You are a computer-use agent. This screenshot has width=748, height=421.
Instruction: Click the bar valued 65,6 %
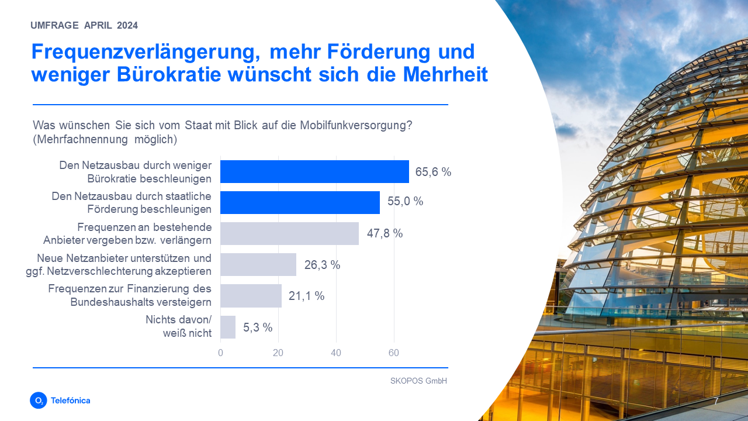point(314,172)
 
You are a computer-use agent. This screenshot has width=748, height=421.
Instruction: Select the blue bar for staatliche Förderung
point(300,202)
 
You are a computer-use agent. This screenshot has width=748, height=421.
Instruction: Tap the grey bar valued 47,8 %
point(289,233)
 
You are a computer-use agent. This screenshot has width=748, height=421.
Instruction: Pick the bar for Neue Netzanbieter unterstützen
point(258,264)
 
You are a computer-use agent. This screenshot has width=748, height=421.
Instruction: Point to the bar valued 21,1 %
point(251,296)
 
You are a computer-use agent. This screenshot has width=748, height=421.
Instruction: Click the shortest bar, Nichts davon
point(228,327)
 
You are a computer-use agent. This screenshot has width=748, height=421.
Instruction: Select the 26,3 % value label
point(322,265)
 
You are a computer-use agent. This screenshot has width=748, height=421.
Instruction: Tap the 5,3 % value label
point(258,327)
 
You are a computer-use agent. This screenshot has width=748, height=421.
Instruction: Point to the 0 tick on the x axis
point(220,353)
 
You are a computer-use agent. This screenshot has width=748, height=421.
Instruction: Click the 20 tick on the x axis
point(278,353)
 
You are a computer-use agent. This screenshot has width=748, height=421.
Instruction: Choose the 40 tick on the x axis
point(336,353)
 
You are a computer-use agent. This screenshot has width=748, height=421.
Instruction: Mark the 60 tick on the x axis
point(394,353)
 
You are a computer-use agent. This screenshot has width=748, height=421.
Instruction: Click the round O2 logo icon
point(38,401)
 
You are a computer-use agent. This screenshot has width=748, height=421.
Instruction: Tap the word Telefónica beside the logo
point(71,401)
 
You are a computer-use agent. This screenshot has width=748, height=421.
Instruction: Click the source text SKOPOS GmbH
point(418,381)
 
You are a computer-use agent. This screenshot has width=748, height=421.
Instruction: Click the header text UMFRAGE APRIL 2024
point(84,25)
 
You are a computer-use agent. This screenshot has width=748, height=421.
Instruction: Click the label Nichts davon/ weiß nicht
point(178,327)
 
